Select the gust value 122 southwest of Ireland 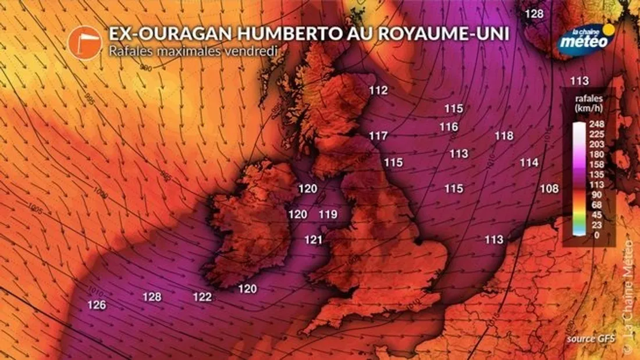click(202, 297)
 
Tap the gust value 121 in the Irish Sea click(314, 240)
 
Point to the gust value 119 click(328, 215)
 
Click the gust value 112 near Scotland click(378, 90)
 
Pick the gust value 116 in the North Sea click(449, 127)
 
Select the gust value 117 click(378, 136)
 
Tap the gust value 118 click(504, 136)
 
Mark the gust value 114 click(529, 163)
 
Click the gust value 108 click(549, 188)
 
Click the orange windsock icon click(85, 44)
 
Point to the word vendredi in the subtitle click(256, 51)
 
